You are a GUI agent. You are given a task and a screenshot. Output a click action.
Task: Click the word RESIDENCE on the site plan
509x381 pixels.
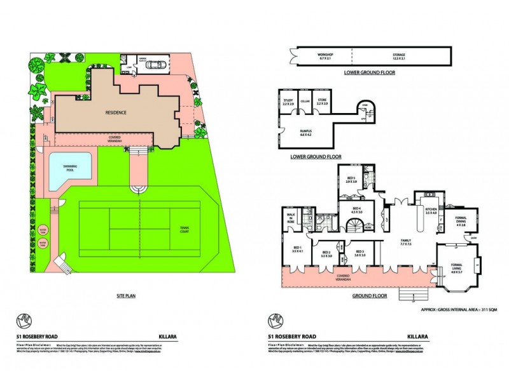[116, 112]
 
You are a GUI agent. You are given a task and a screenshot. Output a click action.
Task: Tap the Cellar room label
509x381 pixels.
[305, 101]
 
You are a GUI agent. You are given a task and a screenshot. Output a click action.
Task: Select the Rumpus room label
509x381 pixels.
[305, 134]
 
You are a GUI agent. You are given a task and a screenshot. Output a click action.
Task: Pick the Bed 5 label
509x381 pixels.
[351, 180]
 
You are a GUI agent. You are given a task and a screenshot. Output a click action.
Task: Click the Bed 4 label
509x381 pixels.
[357, 210]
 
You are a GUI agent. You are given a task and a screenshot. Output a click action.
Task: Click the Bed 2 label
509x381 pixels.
[327, 254]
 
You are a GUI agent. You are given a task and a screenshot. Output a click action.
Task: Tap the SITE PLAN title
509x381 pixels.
[129, 295]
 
